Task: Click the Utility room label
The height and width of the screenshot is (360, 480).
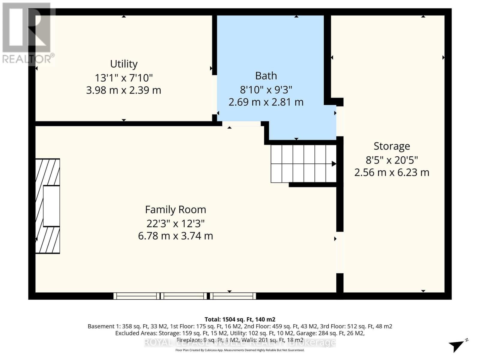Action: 124,64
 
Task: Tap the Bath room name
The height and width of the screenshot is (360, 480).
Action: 266,76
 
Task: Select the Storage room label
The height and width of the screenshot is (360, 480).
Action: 391,146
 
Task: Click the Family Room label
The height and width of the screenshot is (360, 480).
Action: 175,210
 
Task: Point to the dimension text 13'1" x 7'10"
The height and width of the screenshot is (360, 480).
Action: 124,78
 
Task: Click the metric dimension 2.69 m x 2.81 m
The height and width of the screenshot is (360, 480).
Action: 266,102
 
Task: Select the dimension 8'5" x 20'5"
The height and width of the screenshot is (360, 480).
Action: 391,160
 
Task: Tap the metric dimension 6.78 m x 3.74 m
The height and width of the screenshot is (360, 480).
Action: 175,236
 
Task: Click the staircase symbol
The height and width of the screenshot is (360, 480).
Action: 303,164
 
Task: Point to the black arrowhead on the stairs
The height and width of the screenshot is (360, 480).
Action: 334,164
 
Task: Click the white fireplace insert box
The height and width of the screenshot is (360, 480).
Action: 51,206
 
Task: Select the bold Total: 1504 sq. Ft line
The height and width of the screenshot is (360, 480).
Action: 240,319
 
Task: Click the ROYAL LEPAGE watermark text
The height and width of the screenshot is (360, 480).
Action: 240,343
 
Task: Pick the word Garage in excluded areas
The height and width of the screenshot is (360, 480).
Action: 305,333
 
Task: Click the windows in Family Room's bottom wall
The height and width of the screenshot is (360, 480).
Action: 184,296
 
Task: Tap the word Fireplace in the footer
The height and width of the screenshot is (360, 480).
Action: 189,340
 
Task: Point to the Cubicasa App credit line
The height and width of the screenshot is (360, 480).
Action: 240,350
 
